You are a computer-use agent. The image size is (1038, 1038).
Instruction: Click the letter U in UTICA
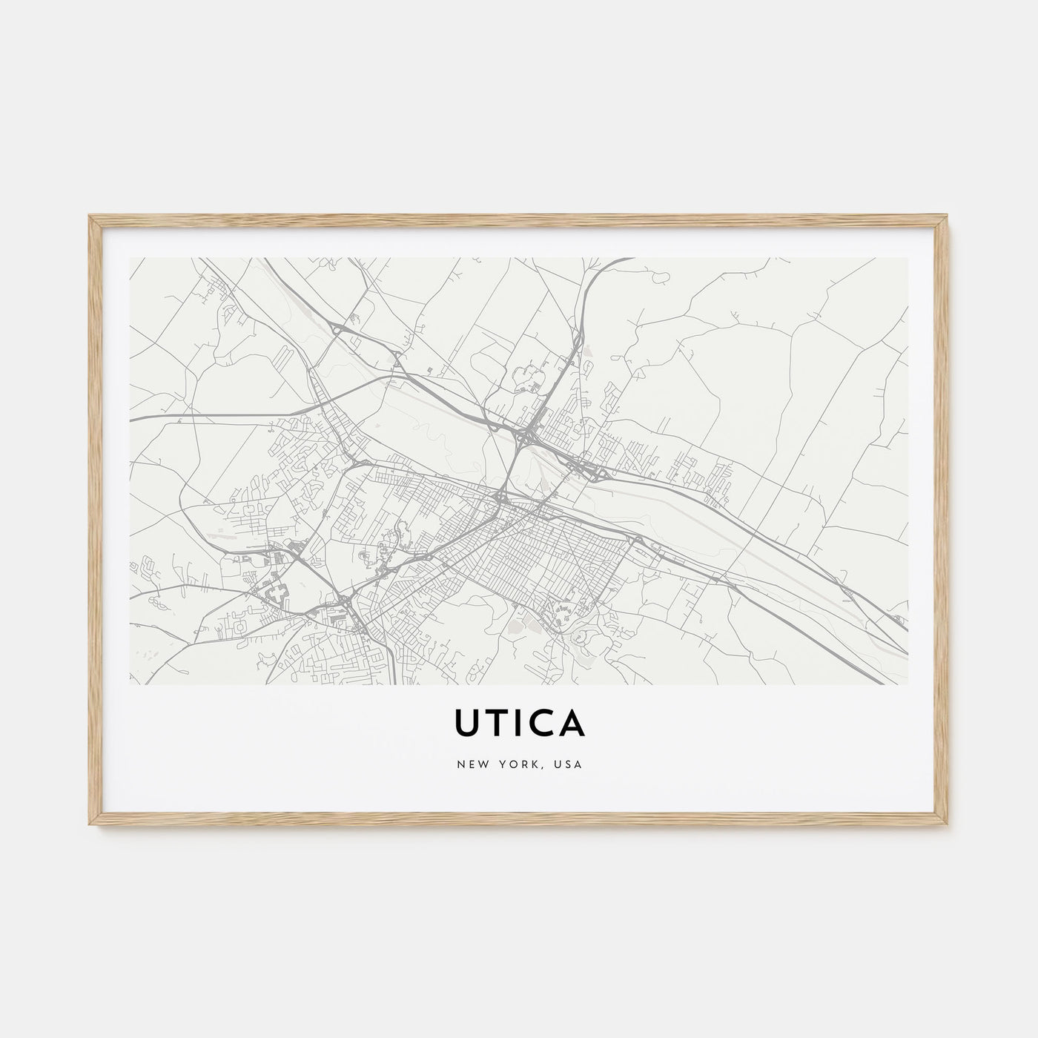coord(468,725)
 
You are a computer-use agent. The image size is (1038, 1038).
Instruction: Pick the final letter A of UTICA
coord(572,725)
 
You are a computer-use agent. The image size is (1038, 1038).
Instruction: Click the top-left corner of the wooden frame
coord(89,216)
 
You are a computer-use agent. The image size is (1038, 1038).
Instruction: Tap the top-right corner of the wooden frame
coord(949,216)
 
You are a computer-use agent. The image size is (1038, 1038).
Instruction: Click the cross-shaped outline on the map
coord(278,591)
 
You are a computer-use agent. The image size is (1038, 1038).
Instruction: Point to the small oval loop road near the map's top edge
coord(658,277)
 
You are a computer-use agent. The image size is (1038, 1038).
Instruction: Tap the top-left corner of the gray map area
coord(130,258)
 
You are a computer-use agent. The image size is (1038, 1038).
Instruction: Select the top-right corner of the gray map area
coord(908,258)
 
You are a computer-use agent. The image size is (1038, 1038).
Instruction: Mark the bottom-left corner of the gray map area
coord(130,684)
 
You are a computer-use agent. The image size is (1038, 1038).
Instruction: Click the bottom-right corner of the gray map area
coord(908,684)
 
